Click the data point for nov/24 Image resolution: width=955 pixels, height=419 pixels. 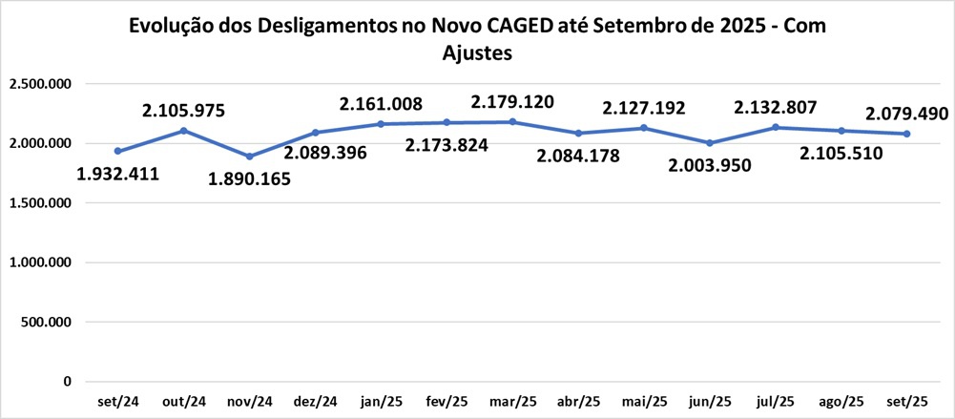coord(249,157)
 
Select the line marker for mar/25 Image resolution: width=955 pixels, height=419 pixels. coord(512,121)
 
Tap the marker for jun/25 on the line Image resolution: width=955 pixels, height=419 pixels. coord(710,143)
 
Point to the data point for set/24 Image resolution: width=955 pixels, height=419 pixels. coord(117,151)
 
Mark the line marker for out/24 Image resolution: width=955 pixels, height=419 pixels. coord(183,130)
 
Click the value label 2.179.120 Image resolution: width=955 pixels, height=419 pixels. coord(512,100)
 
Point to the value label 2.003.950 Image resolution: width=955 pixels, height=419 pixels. coord(710,165)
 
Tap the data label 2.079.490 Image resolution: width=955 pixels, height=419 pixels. coord(906,114)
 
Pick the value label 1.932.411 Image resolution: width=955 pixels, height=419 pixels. coord(117,174)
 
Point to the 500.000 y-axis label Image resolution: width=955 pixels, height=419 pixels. coord(48,323)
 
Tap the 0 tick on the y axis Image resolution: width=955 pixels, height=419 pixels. coord(67,382)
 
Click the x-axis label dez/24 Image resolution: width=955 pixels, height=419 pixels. coord(315,401)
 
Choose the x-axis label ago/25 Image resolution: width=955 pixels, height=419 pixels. coord(841,401)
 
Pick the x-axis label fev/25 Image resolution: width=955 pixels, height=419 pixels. coord(446,401)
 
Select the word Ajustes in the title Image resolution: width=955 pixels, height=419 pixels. coord(478,53)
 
